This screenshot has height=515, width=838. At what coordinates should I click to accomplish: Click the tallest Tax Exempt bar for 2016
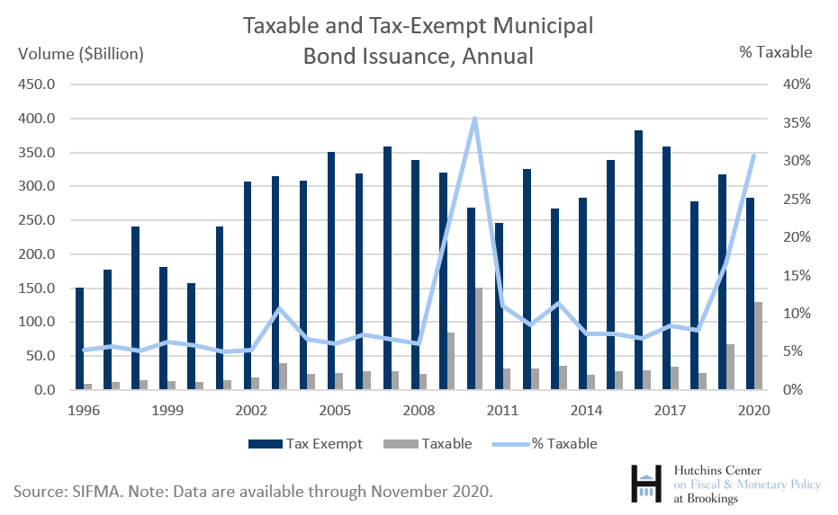pos(638,260)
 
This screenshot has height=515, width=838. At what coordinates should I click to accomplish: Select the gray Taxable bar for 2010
pos(479,339)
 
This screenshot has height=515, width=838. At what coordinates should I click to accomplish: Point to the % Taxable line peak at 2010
pos(474,119)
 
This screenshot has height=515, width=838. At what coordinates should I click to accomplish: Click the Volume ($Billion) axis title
pos(81,53)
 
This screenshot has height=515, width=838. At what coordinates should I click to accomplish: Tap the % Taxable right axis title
pos(775,52)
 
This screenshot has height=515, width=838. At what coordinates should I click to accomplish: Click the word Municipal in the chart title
pos(545,26)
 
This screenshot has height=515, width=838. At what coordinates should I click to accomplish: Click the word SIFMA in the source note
pos(97,491)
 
